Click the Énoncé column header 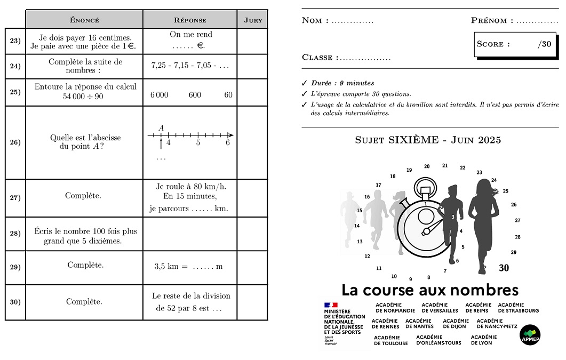[x=84, y=20]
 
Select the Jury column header [x=253, y=20]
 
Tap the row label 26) [x=15, y=142]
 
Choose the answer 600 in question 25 [x=195, y=95]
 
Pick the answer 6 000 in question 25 [x=159, y=95]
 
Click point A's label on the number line [x=161, y=128]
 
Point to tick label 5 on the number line [x=198, y=143]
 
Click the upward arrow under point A [x=161, y=144]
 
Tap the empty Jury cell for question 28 [x=252, y=234]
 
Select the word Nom [x=312, y=21]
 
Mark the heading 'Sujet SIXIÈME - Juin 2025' [x=428, y=140]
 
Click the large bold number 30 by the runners [x=504, y=268]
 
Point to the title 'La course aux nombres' [x=430, y=290]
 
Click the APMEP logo [x=530, y=334]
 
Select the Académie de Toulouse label [x=390, y=340]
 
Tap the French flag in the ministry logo [x=331, y=305]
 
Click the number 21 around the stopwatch [x=445, y=166]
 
